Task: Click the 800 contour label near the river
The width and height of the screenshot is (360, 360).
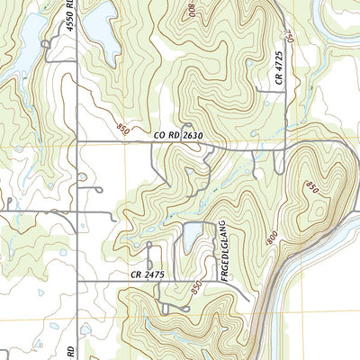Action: click(273, 238)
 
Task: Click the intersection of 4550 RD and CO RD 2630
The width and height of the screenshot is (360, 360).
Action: click(76, 141)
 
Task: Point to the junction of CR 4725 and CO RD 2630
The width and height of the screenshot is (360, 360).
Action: click(286, 141)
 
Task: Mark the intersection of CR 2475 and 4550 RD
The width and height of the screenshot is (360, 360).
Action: click(77, 282)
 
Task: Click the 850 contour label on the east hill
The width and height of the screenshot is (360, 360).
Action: click(312, 186)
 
